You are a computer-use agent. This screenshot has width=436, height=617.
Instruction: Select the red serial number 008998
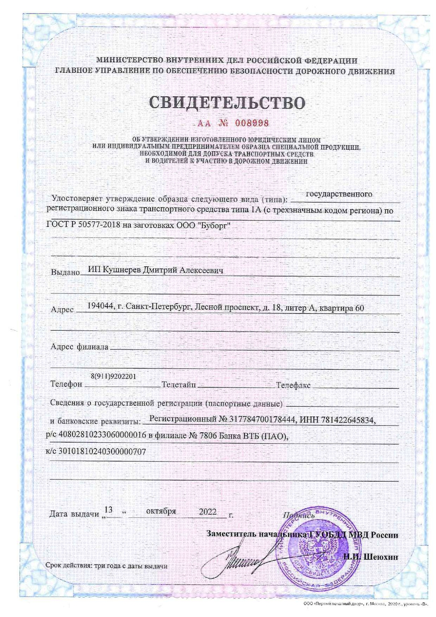(x=251, y=123)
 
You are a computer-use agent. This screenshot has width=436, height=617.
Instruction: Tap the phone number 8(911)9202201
(x=113, y=376)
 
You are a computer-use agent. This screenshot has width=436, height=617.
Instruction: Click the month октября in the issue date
(x=161, y=511)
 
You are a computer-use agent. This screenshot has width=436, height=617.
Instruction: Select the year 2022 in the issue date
(x=207, y=512)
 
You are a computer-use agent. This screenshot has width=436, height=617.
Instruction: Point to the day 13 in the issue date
(x=109, y=510)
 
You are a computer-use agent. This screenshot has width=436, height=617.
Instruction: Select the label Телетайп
(x=179, y=385)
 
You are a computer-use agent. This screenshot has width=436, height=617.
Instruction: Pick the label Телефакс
(x=293, y=385)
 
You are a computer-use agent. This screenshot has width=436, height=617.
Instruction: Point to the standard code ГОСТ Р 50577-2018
(x=80, y=225)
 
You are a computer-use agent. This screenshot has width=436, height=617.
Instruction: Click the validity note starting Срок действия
(x=106, y=566)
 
